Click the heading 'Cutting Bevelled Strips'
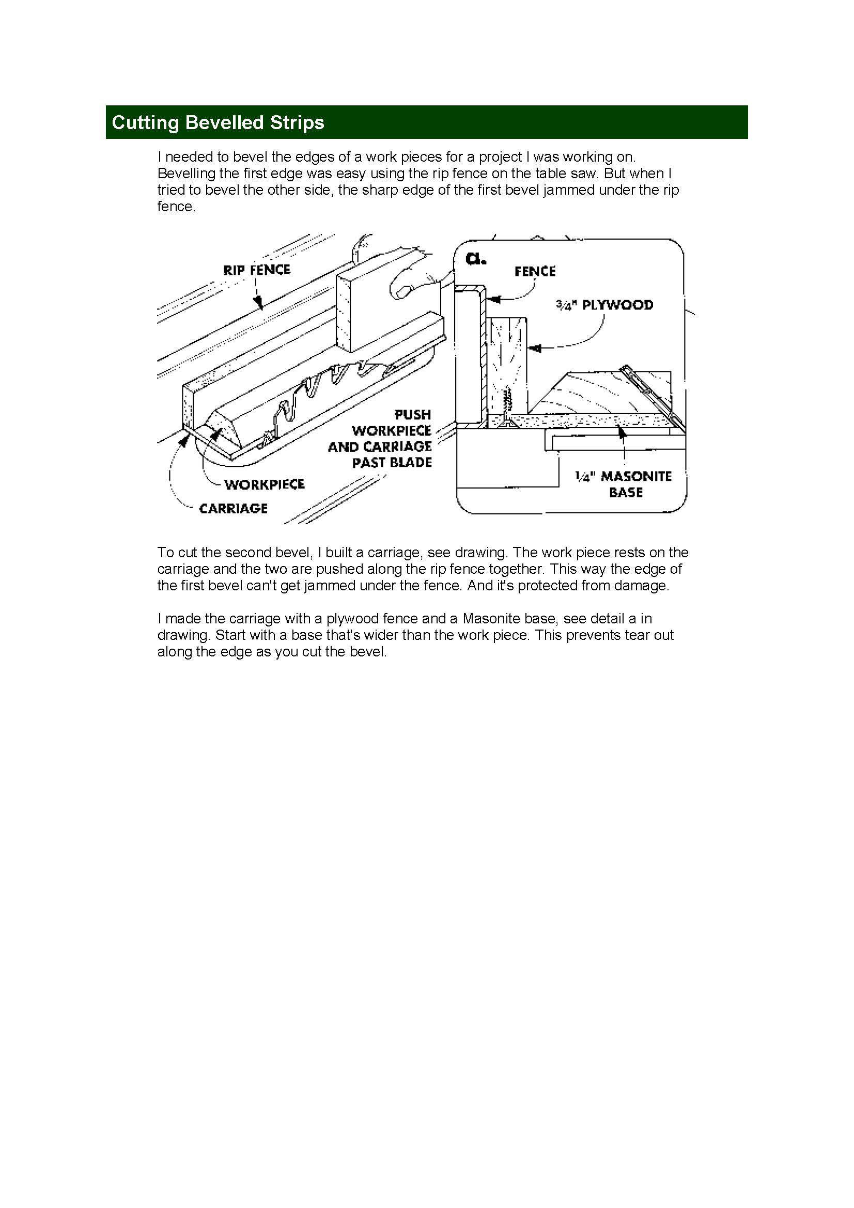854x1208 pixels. point(218,122)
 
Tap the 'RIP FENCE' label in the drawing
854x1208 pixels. point(256,270)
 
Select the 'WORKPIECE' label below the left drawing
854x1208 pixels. point(264,484)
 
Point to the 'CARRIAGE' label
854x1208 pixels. point(233,508)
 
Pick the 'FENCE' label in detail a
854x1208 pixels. point(535,272)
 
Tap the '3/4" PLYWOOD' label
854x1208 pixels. point(604,305)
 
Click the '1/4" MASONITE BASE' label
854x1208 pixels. point(624,484)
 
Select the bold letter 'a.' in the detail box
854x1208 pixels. point(475,258)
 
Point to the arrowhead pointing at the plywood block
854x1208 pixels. point(534,348)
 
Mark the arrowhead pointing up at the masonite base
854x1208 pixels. point(623,432)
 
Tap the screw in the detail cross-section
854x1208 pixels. point(507,405)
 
